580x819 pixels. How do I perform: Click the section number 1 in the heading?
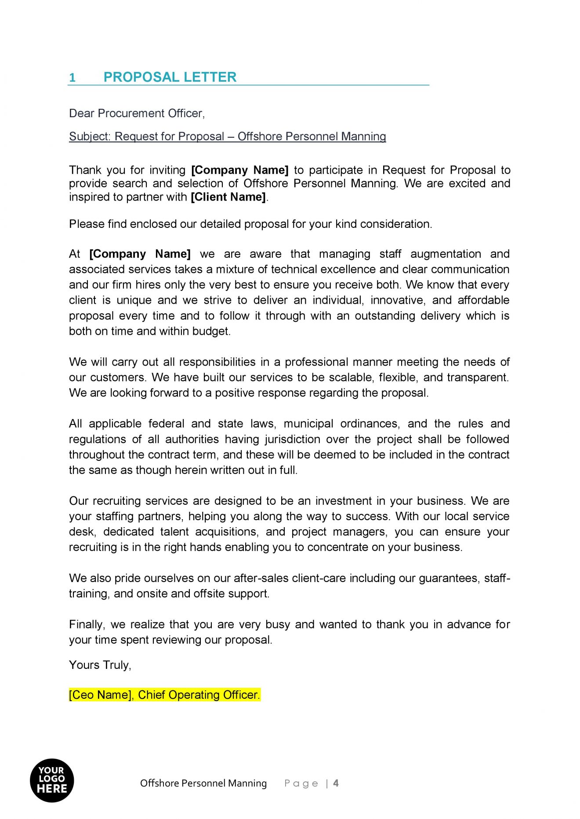click(x=72, y=78)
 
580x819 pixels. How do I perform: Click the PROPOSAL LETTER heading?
click(x=170, y=77)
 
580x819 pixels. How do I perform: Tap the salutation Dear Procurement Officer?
click(x=137, y=113)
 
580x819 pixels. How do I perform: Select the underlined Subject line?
click(x=227, y=136)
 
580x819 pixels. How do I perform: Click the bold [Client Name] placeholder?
click(x=228, y=197)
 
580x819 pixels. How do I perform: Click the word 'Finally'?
click(x=86, y=625)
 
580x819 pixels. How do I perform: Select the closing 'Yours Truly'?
click(x=100, y=665)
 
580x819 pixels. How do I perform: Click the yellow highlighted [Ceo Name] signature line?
click(x=164, y=695)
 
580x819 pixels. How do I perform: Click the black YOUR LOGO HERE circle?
click(x=52, y=780)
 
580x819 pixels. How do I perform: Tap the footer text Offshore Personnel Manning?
click(x=203, y=783)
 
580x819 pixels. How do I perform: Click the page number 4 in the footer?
click(x=336, y=783)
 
